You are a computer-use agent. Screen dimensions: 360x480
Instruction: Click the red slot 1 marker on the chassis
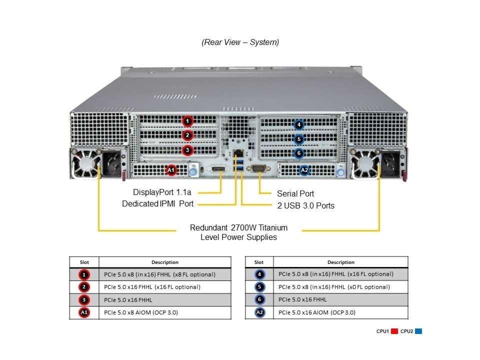point(187,121)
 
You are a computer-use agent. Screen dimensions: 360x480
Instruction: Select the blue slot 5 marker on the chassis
point(298,139)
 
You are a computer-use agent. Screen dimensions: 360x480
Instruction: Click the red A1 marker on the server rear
point(171,170)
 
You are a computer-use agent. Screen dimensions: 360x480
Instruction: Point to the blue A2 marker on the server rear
point(304,170)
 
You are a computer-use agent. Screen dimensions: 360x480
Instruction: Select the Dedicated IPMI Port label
point(157,204)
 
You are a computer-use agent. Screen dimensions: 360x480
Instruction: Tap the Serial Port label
point(295,193)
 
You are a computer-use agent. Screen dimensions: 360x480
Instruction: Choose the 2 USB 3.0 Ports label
point(305,205)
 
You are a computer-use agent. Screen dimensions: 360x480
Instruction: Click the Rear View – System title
point(240,42)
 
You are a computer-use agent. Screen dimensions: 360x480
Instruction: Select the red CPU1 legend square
point(394,331)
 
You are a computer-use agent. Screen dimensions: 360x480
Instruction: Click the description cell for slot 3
point(165,300)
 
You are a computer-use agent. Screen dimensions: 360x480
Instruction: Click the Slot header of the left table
point(84,262)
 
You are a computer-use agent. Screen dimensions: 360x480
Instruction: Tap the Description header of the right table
point(340,262)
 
